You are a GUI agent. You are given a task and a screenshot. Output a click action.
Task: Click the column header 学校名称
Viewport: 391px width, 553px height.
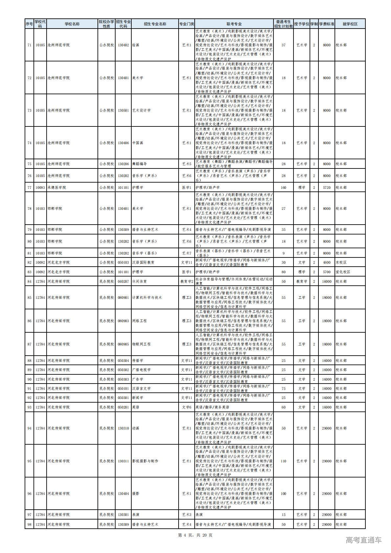tap(72, 24)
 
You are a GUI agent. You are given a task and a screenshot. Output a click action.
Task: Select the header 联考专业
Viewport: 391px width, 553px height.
tap(234, 24)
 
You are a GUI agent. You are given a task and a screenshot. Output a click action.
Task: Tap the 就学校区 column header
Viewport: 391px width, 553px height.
tap(350, 24)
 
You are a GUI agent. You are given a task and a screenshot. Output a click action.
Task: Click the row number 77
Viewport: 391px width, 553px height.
tap(30, 188)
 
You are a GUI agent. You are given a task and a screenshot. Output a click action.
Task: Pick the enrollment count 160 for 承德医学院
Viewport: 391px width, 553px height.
tap(283, 188)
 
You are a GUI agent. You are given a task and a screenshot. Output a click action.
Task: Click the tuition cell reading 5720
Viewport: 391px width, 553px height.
tap(326, 188)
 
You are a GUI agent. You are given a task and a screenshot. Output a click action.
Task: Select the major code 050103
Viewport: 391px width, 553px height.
tap(123, 262)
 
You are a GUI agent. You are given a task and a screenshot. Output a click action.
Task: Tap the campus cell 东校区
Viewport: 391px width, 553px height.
tap(341, 262)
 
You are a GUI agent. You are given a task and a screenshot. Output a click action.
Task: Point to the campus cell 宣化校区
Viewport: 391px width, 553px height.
tap(343, 272)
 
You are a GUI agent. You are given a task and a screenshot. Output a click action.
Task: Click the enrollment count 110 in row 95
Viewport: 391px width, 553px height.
tap(283, 461)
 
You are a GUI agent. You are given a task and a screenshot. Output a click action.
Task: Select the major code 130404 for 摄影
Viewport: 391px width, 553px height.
tap(123, 494)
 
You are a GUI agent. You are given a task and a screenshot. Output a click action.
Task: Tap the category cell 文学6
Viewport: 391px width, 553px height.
tap(186, 407)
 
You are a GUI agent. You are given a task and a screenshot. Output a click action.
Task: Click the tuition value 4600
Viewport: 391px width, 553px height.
tap(326, 262)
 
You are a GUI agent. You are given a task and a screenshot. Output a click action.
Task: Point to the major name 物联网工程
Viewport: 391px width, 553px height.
tap(141, 344)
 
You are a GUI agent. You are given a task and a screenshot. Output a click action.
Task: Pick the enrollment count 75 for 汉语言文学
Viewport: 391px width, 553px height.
tap(283, 388)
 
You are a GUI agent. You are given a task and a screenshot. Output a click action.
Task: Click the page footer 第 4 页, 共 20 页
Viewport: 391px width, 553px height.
tap(195, 535)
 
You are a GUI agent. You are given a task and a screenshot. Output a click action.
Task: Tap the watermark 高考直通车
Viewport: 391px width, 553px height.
tap(363, 540)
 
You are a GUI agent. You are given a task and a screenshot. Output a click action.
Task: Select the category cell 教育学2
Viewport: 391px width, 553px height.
tap(186, 281)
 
